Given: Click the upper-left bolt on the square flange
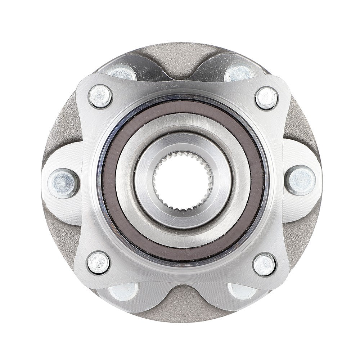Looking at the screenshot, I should pyautogui.click(x=100, y=96).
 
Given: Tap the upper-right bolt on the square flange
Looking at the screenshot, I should pyautogui.click(x=266, y=98).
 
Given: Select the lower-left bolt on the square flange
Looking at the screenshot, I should pyautogui.click(x=98, y=262).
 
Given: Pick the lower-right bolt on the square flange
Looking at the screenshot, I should pyautogui.click(x=265, y=265).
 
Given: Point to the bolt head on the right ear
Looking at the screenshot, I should pyautogui.click(x=301, y=180).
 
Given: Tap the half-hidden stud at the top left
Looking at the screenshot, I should pyautogui.click(x=122, y=73).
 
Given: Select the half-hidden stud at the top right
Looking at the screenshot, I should pyautogui.click(x=239, y=73).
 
